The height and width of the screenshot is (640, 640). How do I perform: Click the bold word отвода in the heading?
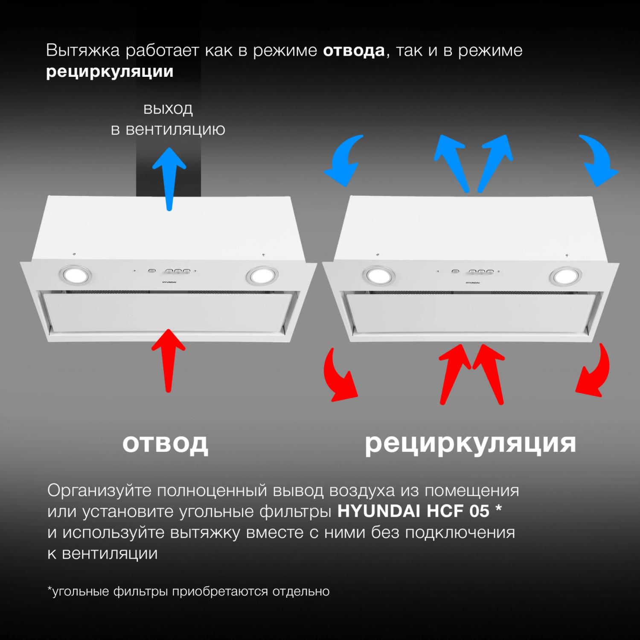coord(354,51)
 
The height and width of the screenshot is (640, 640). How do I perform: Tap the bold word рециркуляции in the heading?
coord(110,72)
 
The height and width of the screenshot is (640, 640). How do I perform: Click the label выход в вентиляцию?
coord(168,119)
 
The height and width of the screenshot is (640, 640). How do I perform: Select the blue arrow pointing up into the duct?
coord(169,179)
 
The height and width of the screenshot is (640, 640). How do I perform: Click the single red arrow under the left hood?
coord(169,361)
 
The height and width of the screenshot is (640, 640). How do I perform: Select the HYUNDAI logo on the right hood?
coord(472,282)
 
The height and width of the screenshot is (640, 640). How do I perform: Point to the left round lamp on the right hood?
coord(377,275)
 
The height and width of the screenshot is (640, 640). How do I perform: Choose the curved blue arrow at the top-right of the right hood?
coord(597,160)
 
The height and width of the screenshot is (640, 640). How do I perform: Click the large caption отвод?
coord(166,443)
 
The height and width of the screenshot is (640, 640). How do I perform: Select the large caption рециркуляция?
coord(470,444)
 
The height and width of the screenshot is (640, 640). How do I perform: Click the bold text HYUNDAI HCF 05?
coord(413,511)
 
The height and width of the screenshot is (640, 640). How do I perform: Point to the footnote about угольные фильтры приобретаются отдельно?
coord(188,591)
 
